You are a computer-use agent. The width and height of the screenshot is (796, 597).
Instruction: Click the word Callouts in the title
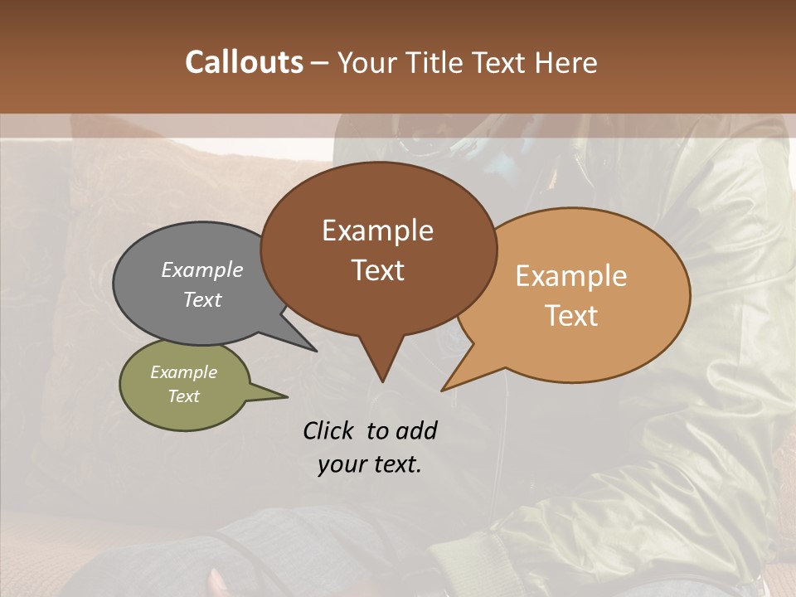pos(244,62)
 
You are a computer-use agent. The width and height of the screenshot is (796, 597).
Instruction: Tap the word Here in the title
pos(565,62)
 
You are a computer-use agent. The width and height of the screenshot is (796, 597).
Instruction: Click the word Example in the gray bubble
pos(202,269)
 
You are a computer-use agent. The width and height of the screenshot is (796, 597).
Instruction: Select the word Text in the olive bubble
pos(184,396)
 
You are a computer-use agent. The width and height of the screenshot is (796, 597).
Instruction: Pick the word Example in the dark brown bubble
pos(377,230)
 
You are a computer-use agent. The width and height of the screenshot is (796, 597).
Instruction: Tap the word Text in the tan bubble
pos(572,316)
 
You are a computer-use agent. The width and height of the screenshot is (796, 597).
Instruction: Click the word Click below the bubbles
pos(329,430)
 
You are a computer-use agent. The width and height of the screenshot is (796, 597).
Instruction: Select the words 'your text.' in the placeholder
pos(370,464)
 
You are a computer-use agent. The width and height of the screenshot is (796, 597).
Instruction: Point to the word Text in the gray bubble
pos(202,300)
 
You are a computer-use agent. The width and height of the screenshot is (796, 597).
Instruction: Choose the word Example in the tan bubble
pos(571,275)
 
